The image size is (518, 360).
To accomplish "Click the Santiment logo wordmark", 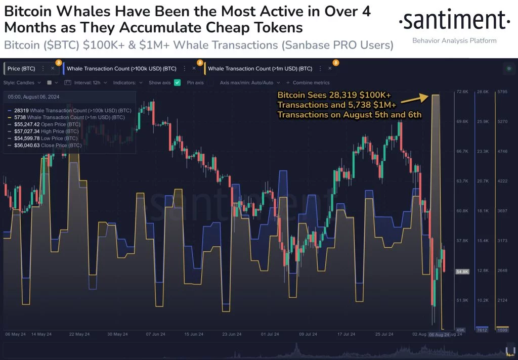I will point(454,21).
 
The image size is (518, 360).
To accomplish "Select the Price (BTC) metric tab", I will point(21,68).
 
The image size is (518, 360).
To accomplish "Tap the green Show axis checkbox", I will point(177,82).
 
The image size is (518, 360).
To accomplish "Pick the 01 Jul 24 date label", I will point(271,334).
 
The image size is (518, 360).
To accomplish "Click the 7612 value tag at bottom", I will point(482,330).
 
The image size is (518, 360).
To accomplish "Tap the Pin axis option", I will point(195,82).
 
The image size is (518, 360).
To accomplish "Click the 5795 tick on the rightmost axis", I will point(502,92).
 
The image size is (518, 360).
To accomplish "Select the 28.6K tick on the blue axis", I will point(483,92).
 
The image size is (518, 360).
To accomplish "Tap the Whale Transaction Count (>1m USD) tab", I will point(260,68).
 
